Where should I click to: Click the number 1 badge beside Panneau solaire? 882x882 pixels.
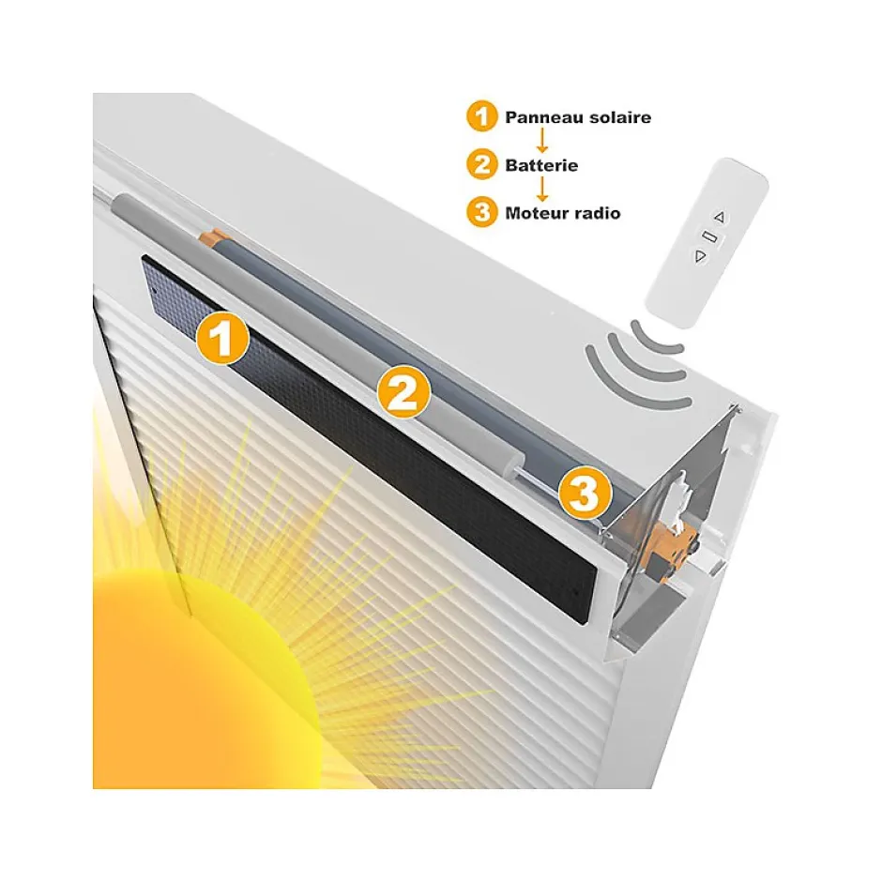[480, 117]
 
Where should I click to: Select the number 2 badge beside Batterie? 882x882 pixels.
[480, 165]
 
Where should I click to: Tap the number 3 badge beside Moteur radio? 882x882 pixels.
[480, 212]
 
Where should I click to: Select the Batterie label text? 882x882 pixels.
[541, 165]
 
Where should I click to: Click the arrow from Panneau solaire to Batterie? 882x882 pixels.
[541, 142]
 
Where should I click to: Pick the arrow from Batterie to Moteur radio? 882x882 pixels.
[541, 190]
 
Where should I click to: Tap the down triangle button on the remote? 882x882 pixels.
[699, 255]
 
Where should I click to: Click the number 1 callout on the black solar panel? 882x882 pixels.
[222, 340]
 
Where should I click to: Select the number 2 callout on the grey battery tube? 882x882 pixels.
[403, 394]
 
